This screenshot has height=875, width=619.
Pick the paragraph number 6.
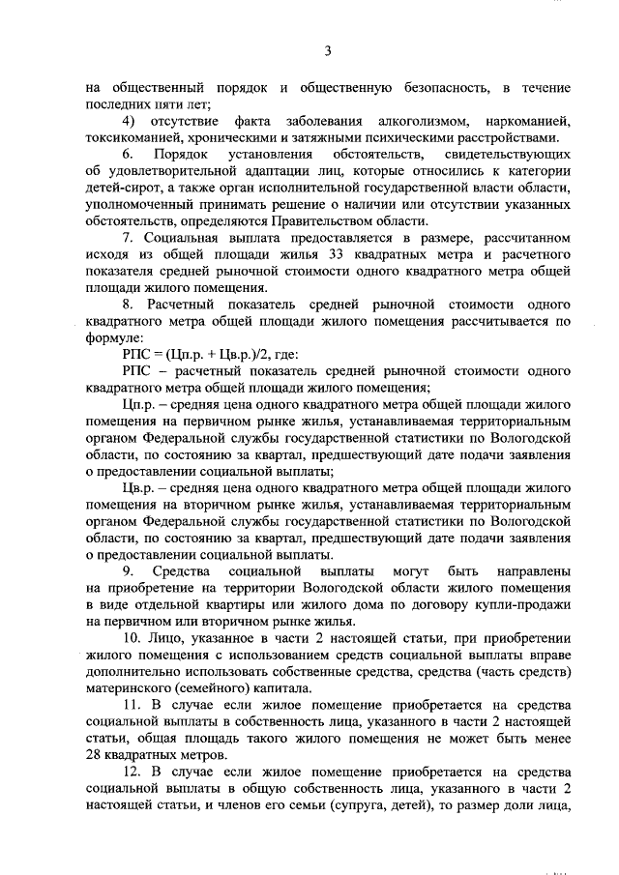point(129,155)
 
